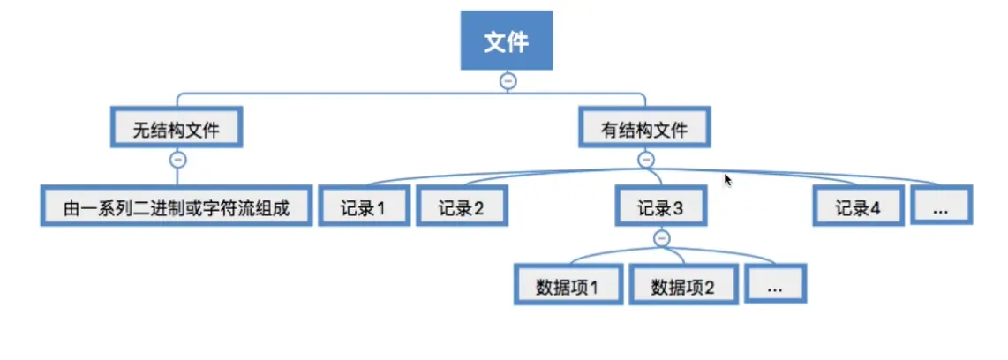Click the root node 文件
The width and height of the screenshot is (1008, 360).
pos(507,41)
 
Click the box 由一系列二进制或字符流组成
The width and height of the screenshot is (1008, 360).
pos(177,207)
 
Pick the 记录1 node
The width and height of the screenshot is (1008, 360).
pos(364,207)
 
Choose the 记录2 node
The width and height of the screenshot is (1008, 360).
pos(461,207)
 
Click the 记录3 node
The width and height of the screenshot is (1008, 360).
pos(660,207)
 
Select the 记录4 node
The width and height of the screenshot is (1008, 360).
pos(858,207)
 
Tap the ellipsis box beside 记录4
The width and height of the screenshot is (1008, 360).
pos(942,207)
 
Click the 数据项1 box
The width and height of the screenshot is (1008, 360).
pos(568,285)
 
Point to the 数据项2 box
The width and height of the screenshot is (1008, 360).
pos(682,285)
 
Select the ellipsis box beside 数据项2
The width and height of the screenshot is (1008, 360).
pos(776,285)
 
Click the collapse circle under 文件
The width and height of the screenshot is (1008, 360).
pos(507,80)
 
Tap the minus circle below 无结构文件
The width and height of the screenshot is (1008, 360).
pos(177,160)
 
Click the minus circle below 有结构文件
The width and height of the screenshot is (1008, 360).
pos(645,160)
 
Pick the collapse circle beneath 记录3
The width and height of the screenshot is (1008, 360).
pos(661,236)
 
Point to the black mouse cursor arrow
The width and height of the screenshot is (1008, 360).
pos(727,179)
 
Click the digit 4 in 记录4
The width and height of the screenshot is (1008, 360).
pos(876,208)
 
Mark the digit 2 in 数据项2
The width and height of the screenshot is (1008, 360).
pos(708,286)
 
